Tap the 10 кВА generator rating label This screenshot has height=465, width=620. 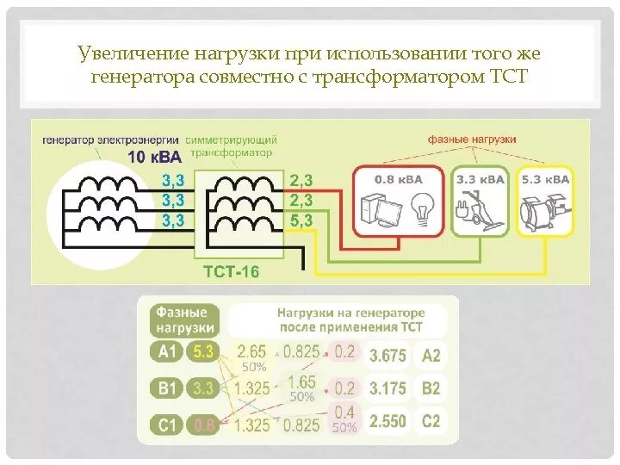[155, 157]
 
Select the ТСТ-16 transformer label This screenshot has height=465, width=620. [230, 271]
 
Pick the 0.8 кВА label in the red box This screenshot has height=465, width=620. [398, 180]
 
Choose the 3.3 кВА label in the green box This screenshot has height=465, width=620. [479, 180]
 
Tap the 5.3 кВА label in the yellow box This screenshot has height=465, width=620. [545, 180]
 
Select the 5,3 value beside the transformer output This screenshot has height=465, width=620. [301, 220]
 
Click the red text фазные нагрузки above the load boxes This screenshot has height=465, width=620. [472, 139]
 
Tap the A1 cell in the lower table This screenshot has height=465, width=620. [167, 351]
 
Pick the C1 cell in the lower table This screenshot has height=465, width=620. [167, 424]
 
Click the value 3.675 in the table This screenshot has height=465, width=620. [387, 354]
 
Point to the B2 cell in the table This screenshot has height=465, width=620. [431, 388]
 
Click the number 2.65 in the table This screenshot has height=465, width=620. [251, 351]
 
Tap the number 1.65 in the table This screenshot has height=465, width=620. [301, 381]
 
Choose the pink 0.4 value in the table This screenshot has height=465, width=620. [344, 412]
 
